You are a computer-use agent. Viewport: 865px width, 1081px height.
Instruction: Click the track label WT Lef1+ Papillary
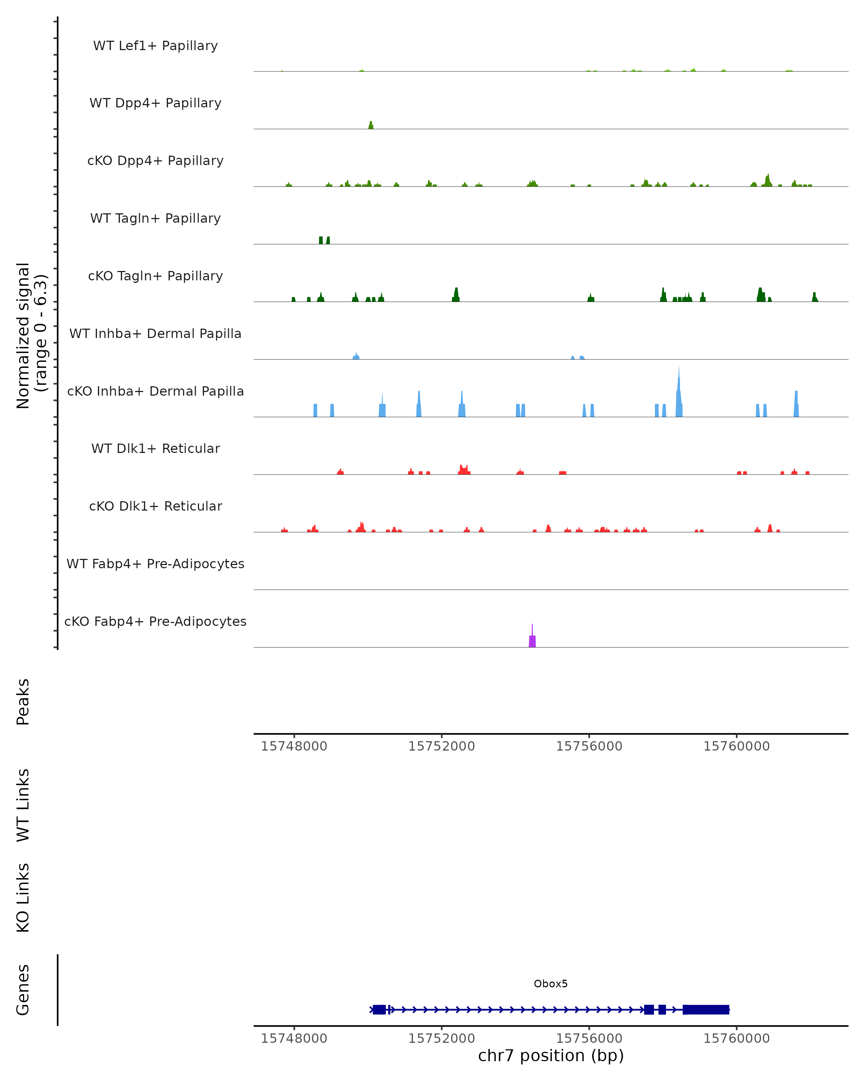(x=155, y=46)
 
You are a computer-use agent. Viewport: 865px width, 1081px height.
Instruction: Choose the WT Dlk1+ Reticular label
(x=155, y=448)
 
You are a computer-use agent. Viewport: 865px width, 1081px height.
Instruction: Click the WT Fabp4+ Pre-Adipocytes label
(x=155, y=564)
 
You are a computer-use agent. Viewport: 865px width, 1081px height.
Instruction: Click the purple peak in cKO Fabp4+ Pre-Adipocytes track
(x=532, y=641)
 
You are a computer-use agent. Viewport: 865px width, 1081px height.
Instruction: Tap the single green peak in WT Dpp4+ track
(x=371, y=125)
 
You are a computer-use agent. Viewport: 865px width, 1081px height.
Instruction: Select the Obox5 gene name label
(x=551, y=984)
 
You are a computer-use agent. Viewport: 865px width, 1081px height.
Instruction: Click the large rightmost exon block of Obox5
(x=706, y=1009)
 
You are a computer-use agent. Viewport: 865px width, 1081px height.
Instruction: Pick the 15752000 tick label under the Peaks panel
(x=441, y=746)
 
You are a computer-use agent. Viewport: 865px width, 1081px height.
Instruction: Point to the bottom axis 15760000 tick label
(x=736, y=1038)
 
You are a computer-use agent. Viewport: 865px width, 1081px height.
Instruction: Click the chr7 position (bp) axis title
(x=551, y=1056)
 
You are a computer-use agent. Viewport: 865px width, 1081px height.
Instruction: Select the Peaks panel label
(x=23, y=702)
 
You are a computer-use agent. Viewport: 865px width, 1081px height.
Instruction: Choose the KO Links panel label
(x=23, y=898)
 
